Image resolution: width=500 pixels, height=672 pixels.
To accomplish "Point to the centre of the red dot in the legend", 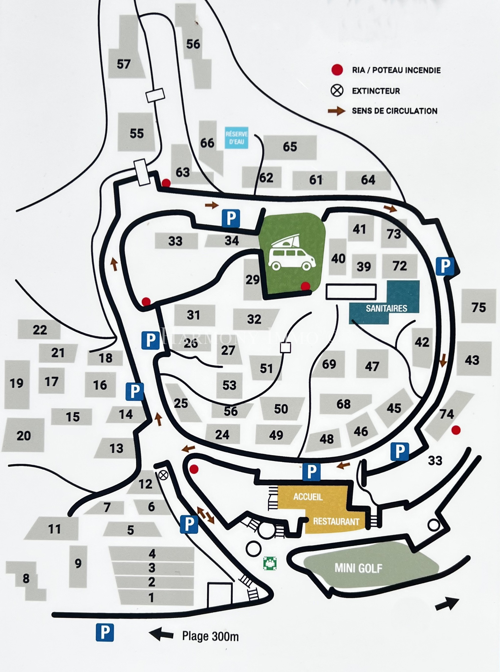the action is click(337, 70).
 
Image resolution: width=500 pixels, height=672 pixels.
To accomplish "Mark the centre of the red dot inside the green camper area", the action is click(305, 286).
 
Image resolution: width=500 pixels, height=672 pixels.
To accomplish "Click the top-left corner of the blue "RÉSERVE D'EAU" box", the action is click(225, 127).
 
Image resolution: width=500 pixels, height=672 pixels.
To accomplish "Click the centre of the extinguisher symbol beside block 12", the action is click(163, 475).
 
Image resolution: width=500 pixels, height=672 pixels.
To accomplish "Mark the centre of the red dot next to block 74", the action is click(456, 430).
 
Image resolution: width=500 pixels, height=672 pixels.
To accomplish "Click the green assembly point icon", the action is click(270, 563).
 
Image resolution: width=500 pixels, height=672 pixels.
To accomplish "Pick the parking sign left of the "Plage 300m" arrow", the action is click(105, 632).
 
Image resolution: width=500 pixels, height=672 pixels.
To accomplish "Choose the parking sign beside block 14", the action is click(135, 391).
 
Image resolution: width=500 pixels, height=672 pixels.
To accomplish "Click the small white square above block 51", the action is click(285, 348).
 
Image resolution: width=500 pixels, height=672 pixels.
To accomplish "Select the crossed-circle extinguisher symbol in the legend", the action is click(337, 90).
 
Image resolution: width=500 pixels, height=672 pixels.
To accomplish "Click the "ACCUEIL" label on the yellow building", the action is click(308, 497).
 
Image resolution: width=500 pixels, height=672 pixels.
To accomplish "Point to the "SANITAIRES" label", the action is click(386, 309).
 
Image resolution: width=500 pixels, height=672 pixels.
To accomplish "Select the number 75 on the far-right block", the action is click(479, 307).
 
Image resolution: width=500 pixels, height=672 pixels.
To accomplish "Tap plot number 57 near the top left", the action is click(123, 64).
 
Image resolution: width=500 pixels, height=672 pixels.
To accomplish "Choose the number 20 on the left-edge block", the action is click(23, 436).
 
